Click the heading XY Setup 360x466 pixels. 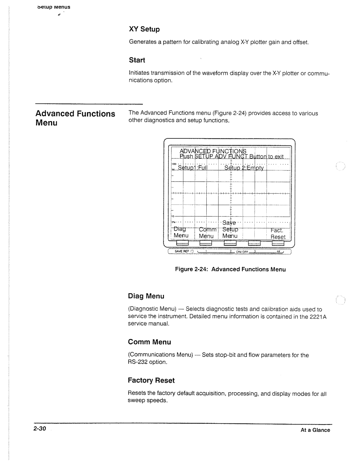(144, 29)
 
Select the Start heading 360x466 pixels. (137, 60)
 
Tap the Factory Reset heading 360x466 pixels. (151, 381)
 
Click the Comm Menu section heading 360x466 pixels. (150, 342)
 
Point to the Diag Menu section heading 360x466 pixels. (146, 296)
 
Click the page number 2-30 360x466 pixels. (39, 429)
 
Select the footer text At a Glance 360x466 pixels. (315, 430)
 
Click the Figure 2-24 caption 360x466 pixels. (230, 270)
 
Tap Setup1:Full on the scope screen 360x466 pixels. (192, 167)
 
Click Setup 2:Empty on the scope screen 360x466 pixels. (244, 168)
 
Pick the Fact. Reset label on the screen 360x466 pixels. (278, 234)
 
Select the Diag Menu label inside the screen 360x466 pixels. (181, 232)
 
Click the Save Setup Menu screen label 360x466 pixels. (230, 229)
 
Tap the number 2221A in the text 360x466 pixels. (318, 317)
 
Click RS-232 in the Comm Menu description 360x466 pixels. (138, 362)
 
